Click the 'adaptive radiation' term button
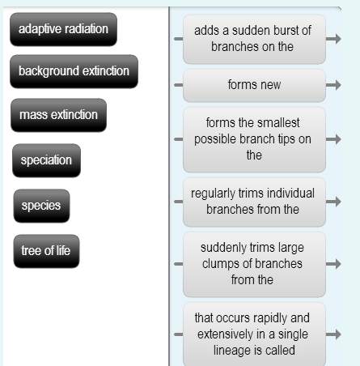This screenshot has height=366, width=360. coord(63,29)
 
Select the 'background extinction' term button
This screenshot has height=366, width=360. coord(74,71)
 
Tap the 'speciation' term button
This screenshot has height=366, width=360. coord(46,160)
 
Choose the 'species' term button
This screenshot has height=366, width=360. coord(40,206)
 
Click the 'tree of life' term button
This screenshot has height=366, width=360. coord(46,251)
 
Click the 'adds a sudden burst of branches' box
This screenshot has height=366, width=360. coord(253,38)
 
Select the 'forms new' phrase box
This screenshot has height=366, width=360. coord(253,84)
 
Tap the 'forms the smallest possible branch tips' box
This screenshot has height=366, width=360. coord(253,138)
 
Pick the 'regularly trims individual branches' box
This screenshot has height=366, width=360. coord(253,202)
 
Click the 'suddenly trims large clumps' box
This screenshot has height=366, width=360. coord(253,264)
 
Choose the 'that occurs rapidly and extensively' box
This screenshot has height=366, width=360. coord(253,334)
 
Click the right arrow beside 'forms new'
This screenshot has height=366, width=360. coord(334,84)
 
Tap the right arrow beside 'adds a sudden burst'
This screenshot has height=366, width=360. coord(334,37)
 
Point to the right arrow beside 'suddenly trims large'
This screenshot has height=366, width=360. coord(334,264)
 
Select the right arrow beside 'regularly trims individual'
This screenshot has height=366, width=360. coord(334,202)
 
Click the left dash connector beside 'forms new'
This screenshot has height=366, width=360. coord(176,84)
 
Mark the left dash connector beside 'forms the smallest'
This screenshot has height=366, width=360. coord(176,139)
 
